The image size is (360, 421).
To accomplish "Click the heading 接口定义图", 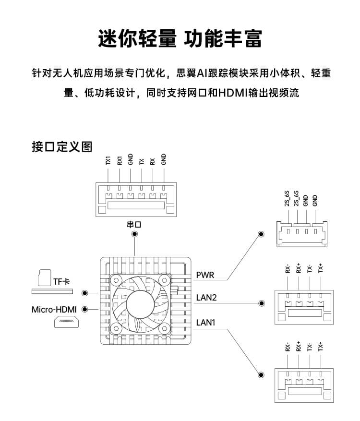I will (61, 147).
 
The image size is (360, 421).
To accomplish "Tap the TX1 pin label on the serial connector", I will (108, 160).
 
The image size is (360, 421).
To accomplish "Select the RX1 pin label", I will (120, 160).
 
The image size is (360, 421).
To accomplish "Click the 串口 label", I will (135, 224).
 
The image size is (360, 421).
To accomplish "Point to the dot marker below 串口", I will (135, 234).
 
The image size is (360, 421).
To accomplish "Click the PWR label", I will (205, 275).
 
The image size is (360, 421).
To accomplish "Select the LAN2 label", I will (207, 298).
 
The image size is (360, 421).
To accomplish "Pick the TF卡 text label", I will (62, 280).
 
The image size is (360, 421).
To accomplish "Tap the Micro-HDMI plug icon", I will (66, 322).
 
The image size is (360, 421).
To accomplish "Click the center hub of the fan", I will (141, 304).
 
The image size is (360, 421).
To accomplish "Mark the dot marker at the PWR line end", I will (261, 234).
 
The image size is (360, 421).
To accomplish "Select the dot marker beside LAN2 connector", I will (262, 303).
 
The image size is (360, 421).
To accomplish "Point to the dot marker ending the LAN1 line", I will (261, 375).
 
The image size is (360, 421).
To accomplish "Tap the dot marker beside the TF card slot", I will (85, 293).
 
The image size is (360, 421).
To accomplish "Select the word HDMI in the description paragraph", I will (232, 92).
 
